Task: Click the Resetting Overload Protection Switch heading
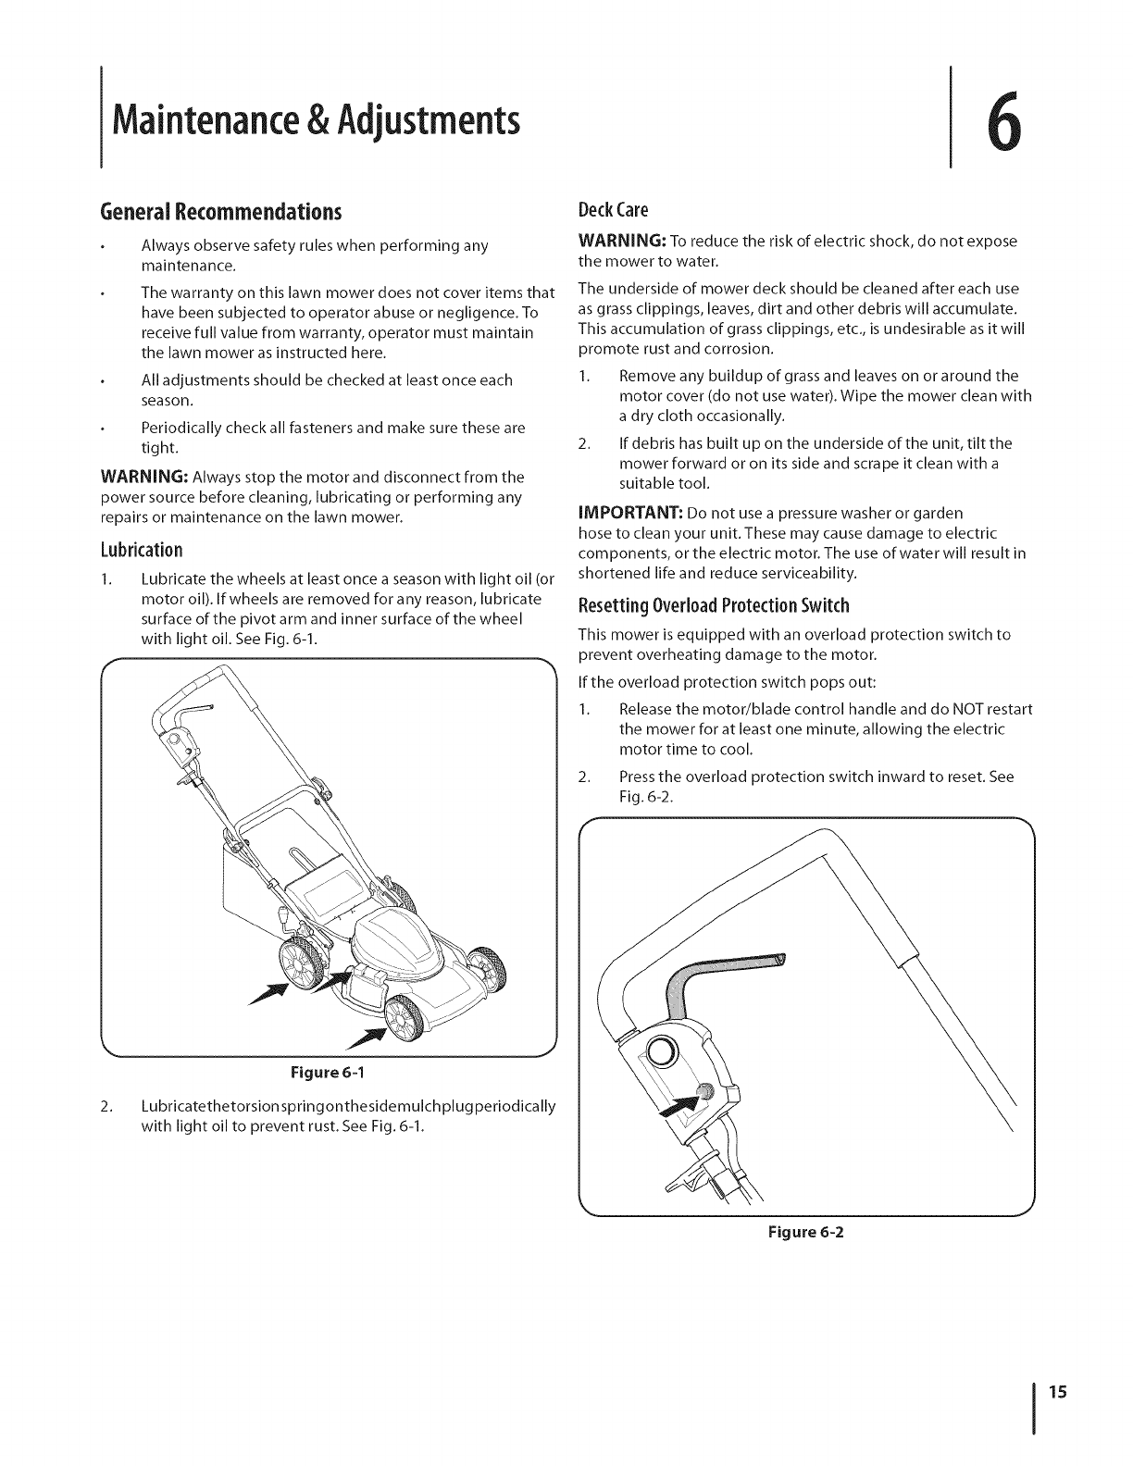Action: point(714,606)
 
